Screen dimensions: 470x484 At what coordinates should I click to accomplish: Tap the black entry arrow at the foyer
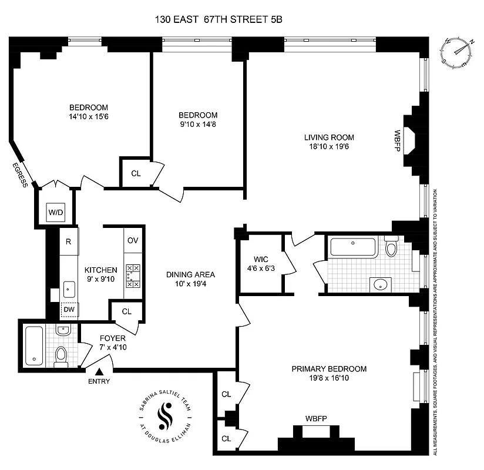click(99, 371)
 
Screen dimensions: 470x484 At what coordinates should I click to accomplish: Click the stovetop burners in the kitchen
click(133, 276)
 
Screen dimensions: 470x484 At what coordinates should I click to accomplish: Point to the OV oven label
click(133, 241)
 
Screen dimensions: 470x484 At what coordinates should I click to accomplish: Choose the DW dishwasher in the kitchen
click(69, 309)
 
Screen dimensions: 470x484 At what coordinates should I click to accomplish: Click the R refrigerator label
click(69, 241)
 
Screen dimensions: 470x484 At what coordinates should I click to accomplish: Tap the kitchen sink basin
click(69, 289)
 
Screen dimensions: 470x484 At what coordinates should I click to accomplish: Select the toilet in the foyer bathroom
click(61, 355)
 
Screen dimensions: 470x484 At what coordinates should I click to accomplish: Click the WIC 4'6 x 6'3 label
click(260, 264)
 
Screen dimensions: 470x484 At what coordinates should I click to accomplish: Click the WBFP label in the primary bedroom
click(315, 418)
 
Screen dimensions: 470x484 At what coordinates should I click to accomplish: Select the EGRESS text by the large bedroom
click(18, 175)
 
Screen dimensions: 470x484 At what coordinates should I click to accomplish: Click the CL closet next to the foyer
click(126, 312)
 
